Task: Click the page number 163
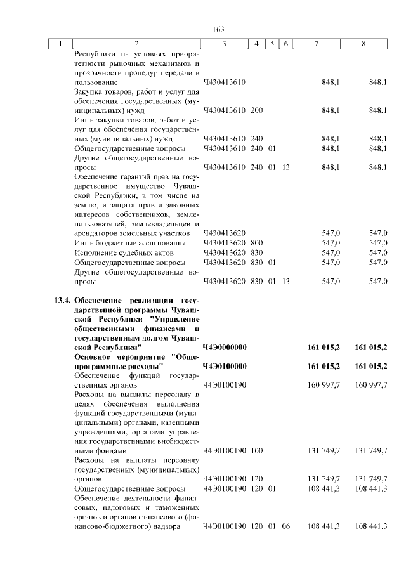click(219, 30)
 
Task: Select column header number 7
click(316, 44)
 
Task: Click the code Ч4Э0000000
click(225, 348)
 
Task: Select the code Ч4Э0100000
click(225, 367)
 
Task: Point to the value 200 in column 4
click(256, 110)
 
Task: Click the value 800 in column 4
click(256, 243)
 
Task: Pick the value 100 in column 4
click(256, 450)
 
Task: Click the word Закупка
click(91, 91)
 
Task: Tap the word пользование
click(96, 82)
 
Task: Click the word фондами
click(88, 450)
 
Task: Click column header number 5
click(272, 44)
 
